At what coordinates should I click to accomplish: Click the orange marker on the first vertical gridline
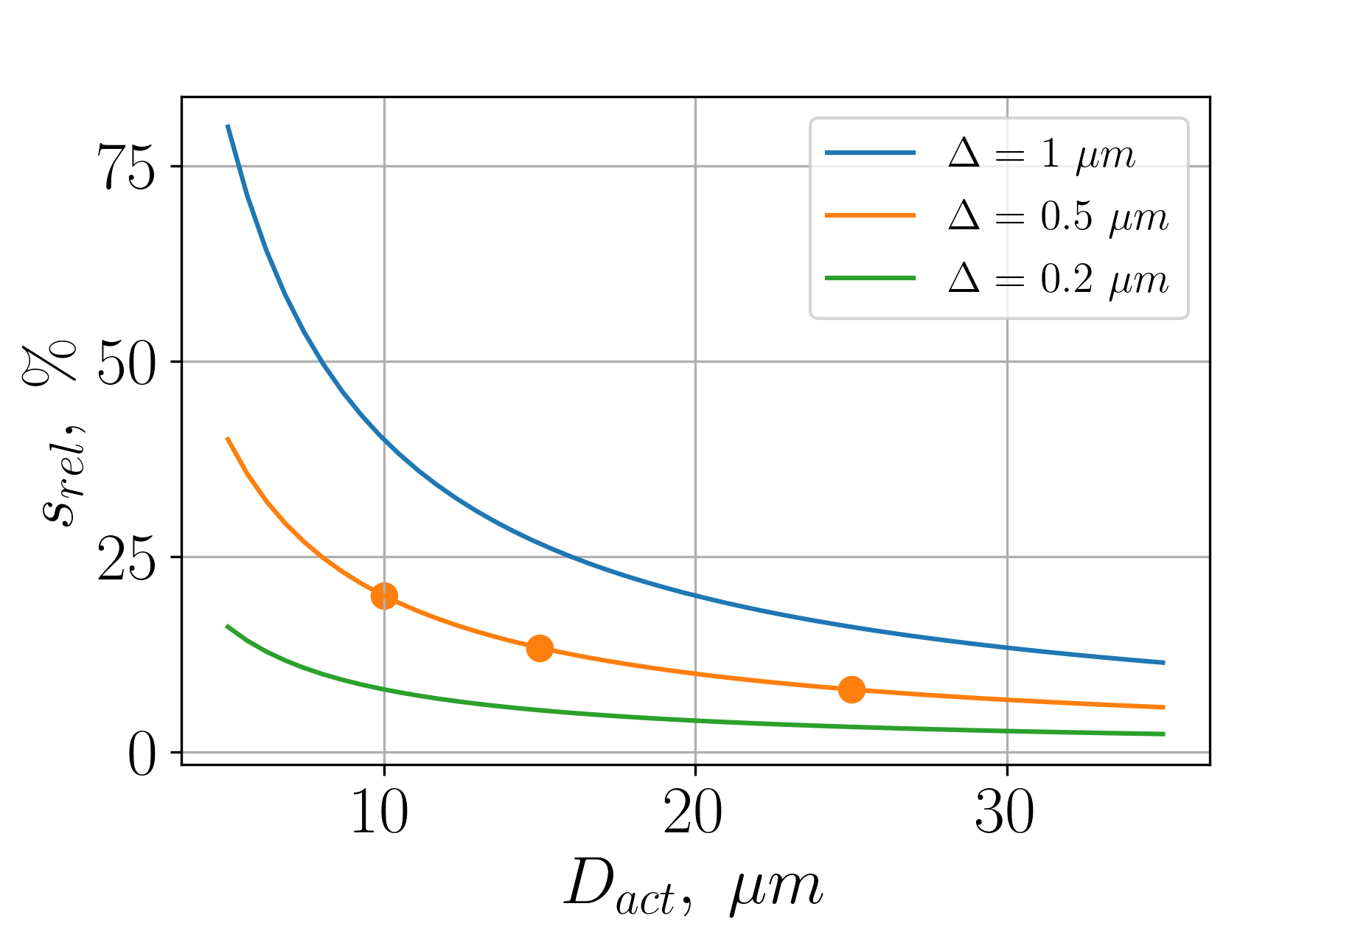pos(384,596)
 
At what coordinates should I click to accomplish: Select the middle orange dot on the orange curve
pos(540,648)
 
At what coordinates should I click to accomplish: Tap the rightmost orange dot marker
pos(851,689)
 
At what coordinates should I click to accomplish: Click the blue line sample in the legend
pos(870,153)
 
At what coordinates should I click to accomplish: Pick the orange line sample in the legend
pos(870,215)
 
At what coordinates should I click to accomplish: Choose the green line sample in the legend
pos(870,278)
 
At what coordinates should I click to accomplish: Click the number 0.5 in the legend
pos(1066,216)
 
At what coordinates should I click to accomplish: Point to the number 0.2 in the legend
pos(1066,279)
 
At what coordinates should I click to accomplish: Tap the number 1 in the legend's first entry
pos(1050,154)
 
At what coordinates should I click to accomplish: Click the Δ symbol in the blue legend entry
pos(964,154)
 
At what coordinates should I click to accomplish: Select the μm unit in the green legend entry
pos(1140,281)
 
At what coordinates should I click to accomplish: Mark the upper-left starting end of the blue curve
pos(228,126)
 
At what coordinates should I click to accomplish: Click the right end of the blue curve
pos(1164,663)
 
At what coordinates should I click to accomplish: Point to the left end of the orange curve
pos(227,438)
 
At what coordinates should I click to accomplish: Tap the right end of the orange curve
pos(1164,707)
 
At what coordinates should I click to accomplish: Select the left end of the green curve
pos(227,625)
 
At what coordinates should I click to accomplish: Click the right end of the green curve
pos(1164,734)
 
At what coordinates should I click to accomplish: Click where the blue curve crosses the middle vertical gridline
pos(695,594)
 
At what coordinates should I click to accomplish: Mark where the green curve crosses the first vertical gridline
pos(384,689)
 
